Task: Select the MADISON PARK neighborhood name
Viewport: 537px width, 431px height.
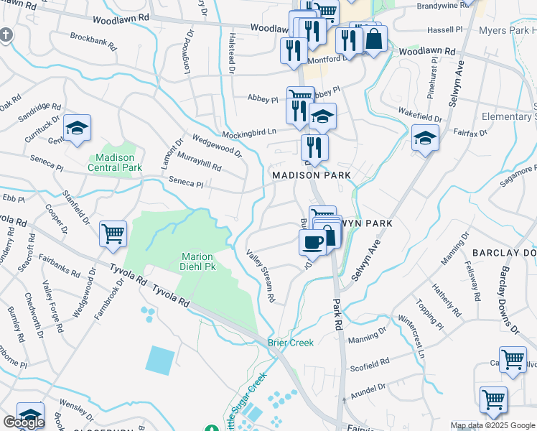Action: (x=310, y=175)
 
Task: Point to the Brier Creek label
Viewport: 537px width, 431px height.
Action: (x=291, y=343)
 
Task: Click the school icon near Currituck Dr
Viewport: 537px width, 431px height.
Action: (x=77, y=129)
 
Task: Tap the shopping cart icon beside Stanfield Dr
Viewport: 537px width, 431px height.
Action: (x=113, y=233)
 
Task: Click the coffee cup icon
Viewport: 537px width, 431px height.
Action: (x=313, y=242)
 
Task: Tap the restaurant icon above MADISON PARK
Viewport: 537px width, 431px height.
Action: (x=314, y=147)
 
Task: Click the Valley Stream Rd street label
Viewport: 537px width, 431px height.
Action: (x=261, y=276)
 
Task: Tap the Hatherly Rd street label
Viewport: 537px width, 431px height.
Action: (x=447, y=300)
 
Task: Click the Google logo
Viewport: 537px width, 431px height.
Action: (x=24, y=423)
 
